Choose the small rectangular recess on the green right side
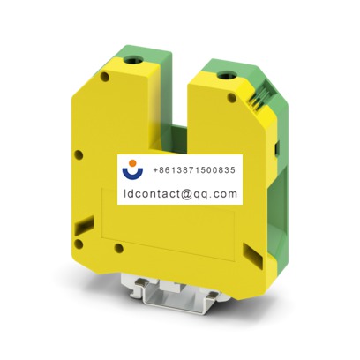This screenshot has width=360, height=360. click(275, 146)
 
